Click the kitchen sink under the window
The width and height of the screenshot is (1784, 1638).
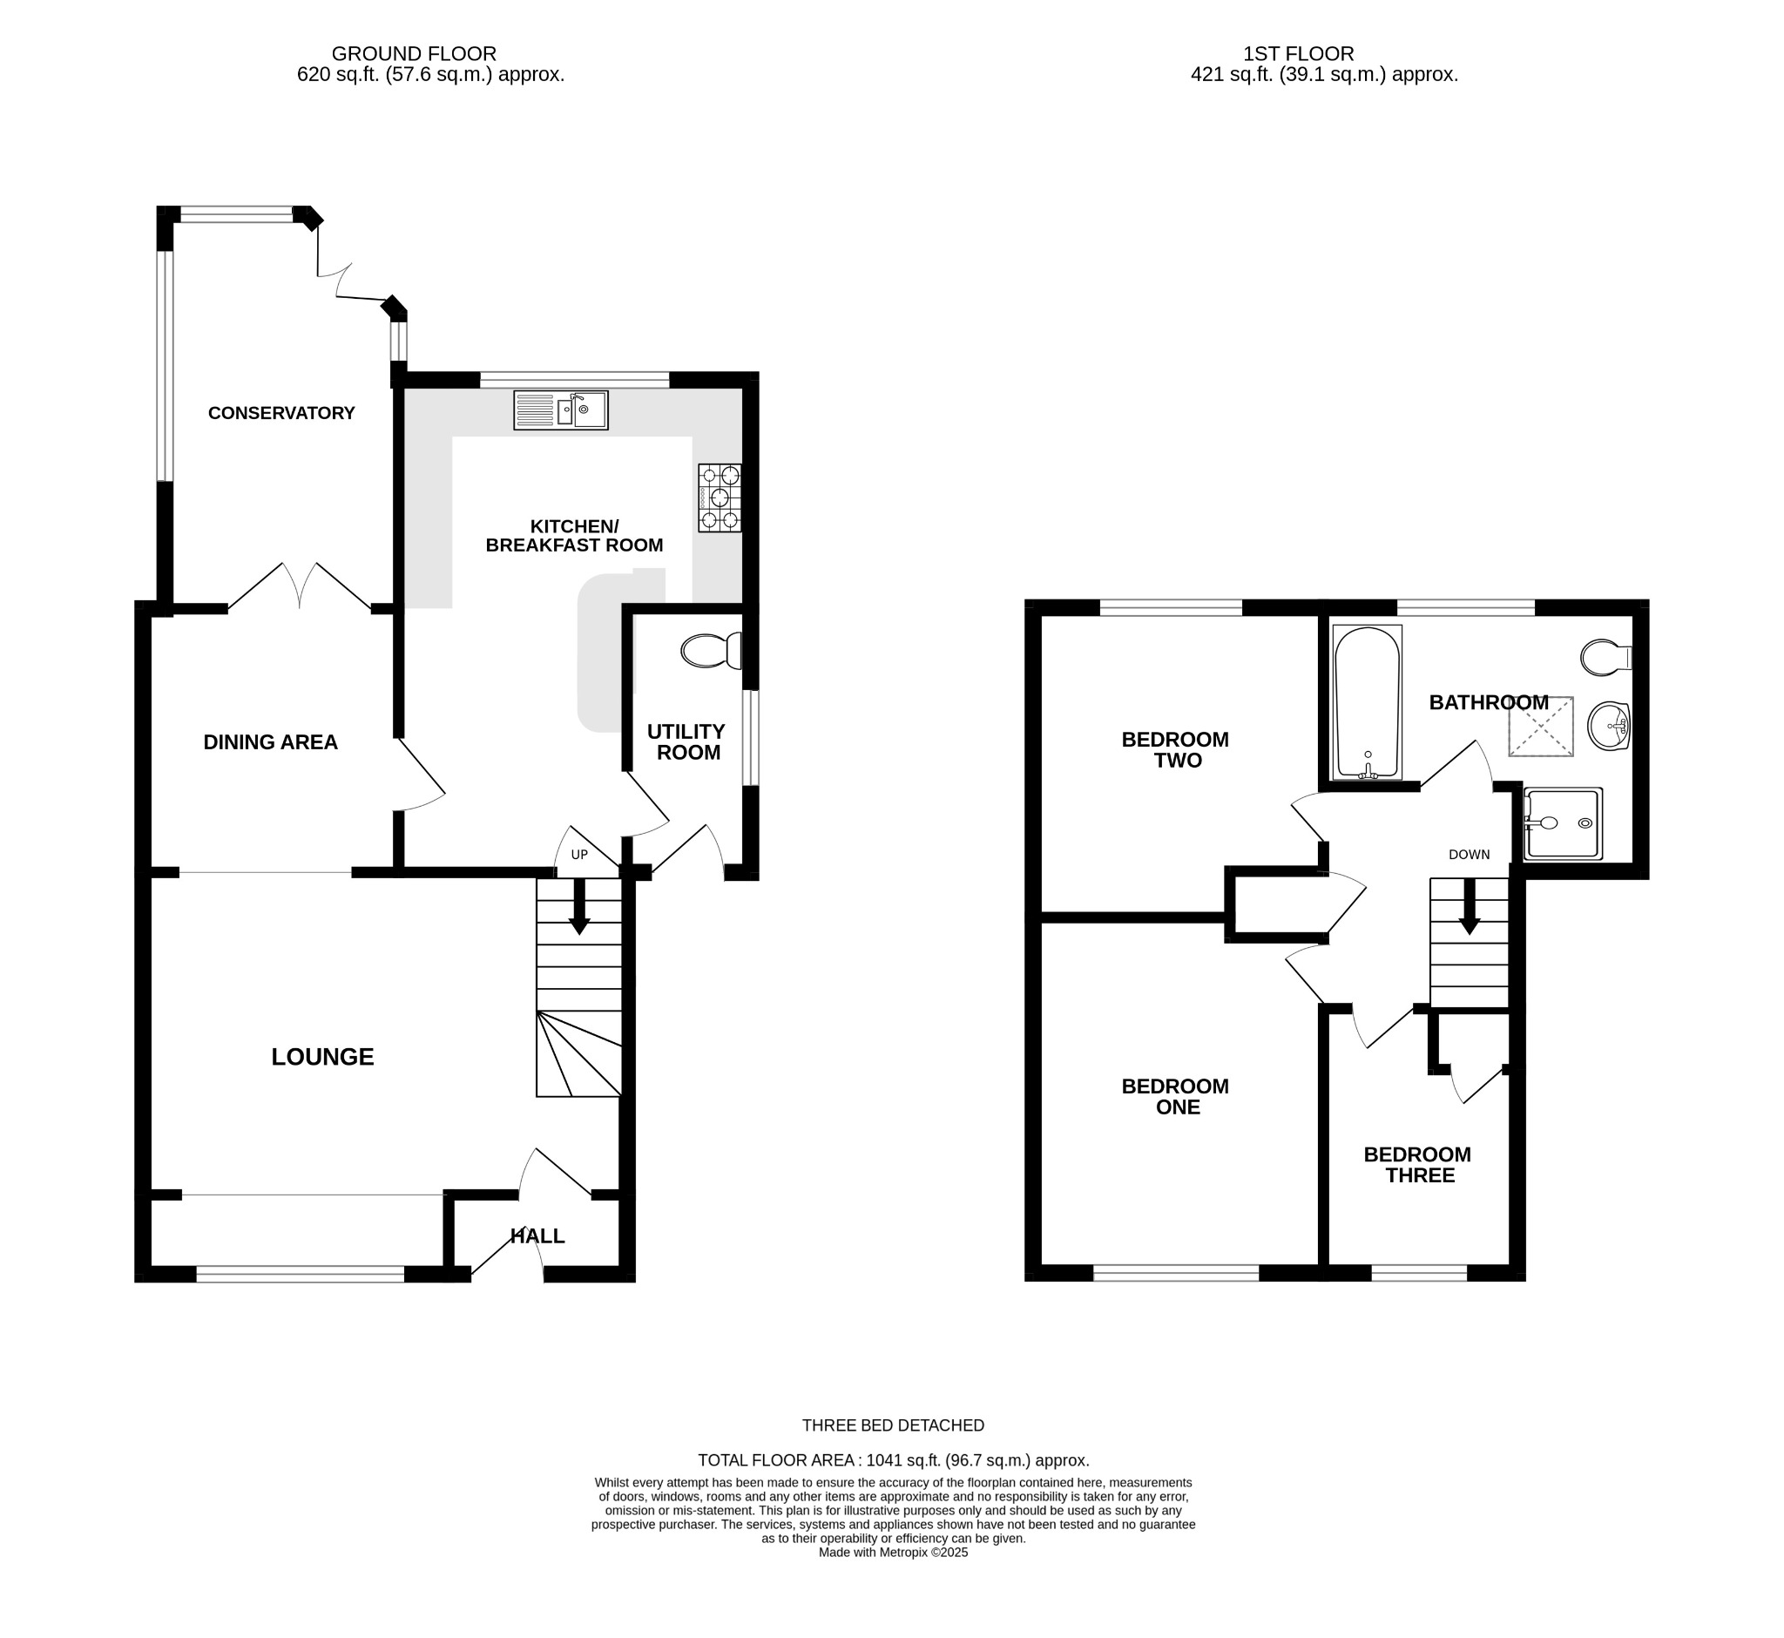(x=560, y=410)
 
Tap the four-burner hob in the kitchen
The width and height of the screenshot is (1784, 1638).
(x=719, y=497)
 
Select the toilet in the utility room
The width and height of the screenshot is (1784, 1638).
(x=711, y=651)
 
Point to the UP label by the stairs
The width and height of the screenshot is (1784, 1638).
(x=578, y=856)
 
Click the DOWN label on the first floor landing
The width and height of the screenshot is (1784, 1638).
(x=1469, y=855)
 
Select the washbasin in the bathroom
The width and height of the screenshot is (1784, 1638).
(x=1608, y=726)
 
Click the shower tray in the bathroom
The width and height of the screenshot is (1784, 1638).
(x=1563, y=823)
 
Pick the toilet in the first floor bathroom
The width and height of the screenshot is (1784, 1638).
(x=1604, y=658)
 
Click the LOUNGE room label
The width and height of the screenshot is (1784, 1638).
(x=322, y=1057)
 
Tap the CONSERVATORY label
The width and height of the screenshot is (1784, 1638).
(x=281, y=413)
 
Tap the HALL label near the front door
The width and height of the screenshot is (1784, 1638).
(x=537, y=1235)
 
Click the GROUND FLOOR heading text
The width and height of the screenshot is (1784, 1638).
(x=413, y=54)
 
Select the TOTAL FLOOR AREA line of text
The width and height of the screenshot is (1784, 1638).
(x=893, y=1460)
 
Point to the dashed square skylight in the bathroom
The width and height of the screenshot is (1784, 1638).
(x=1540, y=727)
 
